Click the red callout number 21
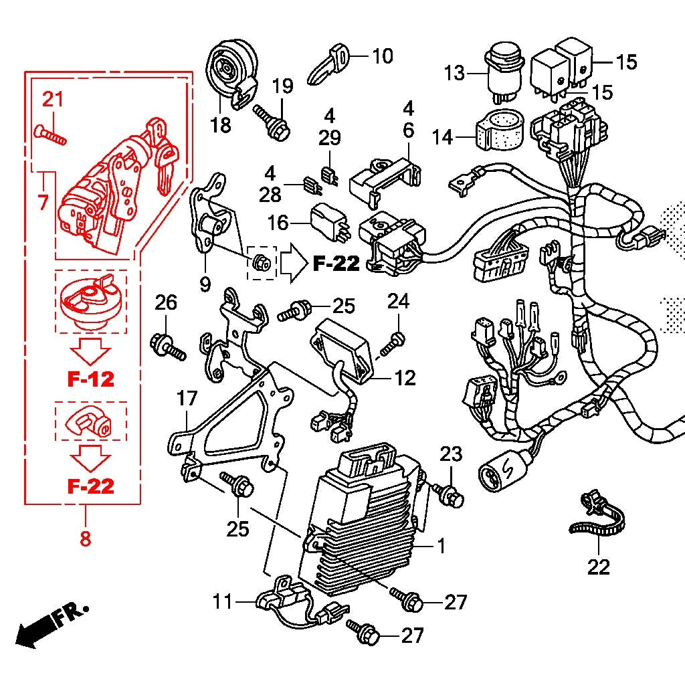[x=53, y=100]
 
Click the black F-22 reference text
[x=336, y=264]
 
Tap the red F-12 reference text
[x=90, y=379]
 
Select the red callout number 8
[x=85, y=539]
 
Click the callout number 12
[x=405, y=378]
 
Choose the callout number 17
[x=187, y=399]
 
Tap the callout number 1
[x=441, y=546]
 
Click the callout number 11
[x=223, y=601]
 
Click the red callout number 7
[x=43, y=201]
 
